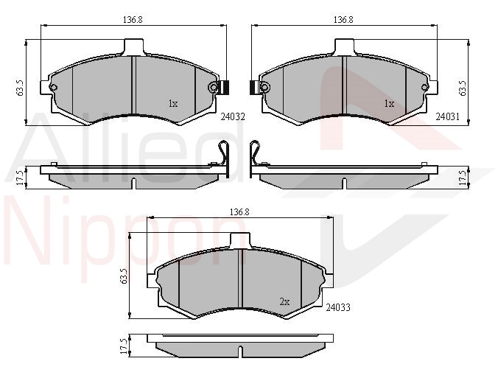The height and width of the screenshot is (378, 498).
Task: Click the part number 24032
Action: pyautogui.click(x=233, y=117)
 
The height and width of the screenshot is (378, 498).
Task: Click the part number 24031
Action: pyautogui.click(x=447, y=116)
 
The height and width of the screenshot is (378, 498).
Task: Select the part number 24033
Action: pyautogui.click(x=338, y=307)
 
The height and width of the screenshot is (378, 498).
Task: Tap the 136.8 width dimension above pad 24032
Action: pyautogui.click(x=133, y=20)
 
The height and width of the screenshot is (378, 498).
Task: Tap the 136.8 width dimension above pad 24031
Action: pyautogui.click(x=343, y=20)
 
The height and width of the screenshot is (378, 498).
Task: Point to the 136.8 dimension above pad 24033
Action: pyautogui.click(x=239, y=212)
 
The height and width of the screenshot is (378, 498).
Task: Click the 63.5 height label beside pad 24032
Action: pyautogui.click(x=20, y=88)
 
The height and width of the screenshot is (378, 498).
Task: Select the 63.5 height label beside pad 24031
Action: pyautogui.click(x=463, y=88)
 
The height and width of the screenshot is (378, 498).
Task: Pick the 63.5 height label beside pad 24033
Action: pyautogui.click(x=124, y=276)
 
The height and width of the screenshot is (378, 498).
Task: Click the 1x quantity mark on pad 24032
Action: pyautogui.click(x=173, y=104)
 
